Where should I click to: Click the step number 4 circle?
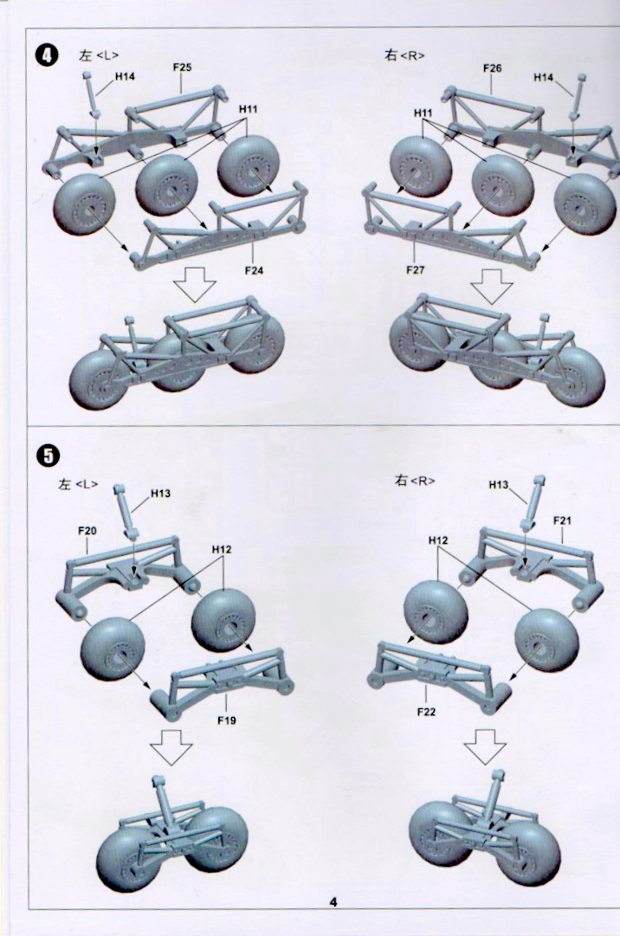(x=46, y=55)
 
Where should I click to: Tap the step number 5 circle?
(x=46, y=453)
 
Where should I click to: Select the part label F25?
(x=181, y=67)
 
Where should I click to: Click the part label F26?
(x=492, y=68)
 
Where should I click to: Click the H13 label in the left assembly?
(x=160, y=494)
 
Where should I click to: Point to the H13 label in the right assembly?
(x=499, y=485)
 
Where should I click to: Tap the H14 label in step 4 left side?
(x=126, y=78)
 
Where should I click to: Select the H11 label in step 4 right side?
(x=423, y=113)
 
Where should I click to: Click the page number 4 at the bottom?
(x=333, y=902)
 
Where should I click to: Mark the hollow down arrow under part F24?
(x=194, y=284)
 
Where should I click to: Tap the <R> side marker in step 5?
(x=423, y=481)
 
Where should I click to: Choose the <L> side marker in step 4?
(x=107, y=55)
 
